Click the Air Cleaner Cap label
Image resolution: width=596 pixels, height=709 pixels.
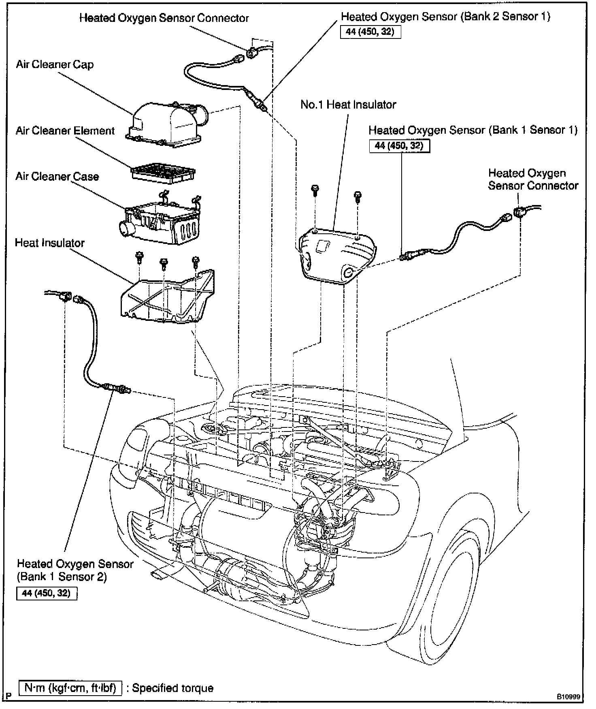point(55,65)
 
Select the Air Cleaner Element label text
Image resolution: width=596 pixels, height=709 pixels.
point(65,131)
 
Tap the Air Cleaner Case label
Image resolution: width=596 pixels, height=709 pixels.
point(57,177)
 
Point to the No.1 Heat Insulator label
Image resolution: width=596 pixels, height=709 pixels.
point(348,105)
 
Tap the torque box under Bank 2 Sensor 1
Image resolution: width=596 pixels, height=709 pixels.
point(370,32)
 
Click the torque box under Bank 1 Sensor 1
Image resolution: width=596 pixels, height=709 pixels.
point(399,146)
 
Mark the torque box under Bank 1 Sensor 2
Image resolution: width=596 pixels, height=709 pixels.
point(47,593)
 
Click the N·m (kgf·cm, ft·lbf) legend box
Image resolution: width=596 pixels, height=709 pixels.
point(70,688)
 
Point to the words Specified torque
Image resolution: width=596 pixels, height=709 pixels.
point(173,688)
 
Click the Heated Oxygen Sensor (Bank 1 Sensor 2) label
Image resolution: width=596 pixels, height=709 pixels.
point(75,570)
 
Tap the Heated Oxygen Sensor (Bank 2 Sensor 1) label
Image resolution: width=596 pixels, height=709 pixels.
point(446,17)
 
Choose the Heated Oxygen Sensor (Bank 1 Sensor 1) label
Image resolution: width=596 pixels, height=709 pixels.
point(473,130)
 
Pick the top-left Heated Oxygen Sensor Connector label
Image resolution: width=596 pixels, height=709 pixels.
point(164,18)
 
